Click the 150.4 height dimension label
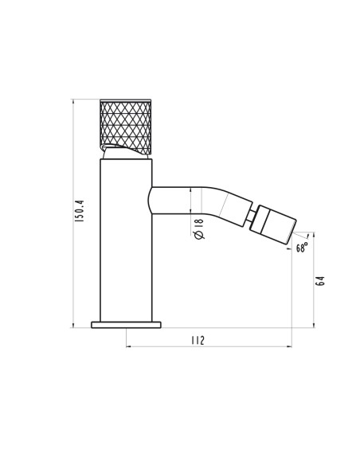[80, 211]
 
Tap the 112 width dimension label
[198, 340]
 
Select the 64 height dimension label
[320, 281]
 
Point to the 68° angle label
[302, 247]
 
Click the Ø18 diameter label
[198, 229]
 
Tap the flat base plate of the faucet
[126, 325]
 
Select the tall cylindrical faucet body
[126, 240]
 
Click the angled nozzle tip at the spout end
[273, 225]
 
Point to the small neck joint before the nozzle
[252, 216]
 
